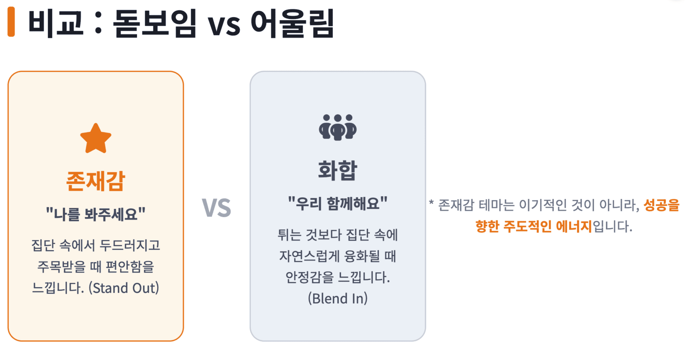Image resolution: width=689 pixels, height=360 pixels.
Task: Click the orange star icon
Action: (96, 139)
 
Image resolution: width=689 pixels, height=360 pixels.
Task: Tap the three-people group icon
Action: (338, 127)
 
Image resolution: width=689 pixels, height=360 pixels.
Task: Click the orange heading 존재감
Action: (96, 181)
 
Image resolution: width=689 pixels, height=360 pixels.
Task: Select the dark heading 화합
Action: (338, 170)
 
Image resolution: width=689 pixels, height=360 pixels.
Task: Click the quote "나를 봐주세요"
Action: (96, 214)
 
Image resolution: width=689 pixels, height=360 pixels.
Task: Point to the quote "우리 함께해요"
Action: (338, 203)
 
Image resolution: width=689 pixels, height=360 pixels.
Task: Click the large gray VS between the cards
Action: (216, 208)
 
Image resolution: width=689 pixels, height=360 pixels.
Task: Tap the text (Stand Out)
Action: (124, 289)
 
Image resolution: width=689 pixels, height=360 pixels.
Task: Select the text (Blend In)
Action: (338, 298)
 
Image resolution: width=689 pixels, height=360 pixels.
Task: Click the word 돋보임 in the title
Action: (155, 23)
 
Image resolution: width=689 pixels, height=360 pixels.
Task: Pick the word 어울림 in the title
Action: (292, 23)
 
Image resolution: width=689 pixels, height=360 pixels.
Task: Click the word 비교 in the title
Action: (56, 23)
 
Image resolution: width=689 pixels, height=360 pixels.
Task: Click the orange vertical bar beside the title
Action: (11, 22)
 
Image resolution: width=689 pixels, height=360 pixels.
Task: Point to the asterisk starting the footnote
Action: (431, 203)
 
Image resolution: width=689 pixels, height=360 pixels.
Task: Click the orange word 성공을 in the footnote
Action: (661, 205)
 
